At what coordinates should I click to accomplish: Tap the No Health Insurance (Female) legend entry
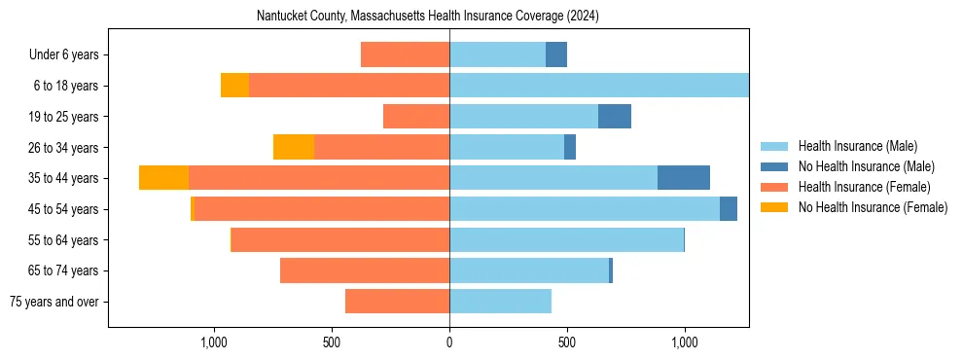[x=872, y=207]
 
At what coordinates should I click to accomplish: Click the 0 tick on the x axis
[x=449, y=342]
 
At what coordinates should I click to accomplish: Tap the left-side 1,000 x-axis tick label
[x=213, y=342]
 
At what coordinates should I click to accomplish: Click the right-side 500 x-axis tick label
[x=567, y=342]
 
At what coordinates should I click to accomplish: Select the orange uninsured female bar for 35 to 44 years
[x=163, y=178]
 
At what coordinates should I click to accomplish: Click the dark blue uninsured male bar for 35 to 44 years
[x=684, y=178]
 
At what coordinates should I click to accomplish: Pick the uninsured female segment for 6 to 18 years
[x=234, y=86]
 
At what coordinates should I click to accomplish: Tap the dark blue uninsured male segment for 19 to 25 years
[x=615, y=117]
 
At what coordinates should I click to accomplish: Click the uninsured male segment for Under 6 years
[x=556, y=54]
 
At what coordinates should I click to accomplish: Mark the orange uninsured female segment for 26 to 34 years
[x=294, y=147]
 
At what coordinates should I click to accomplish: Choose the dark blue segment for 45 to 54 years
[x=729, y=209]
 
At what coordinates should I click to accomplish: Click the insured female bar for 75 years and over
[x=397, y=302]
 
